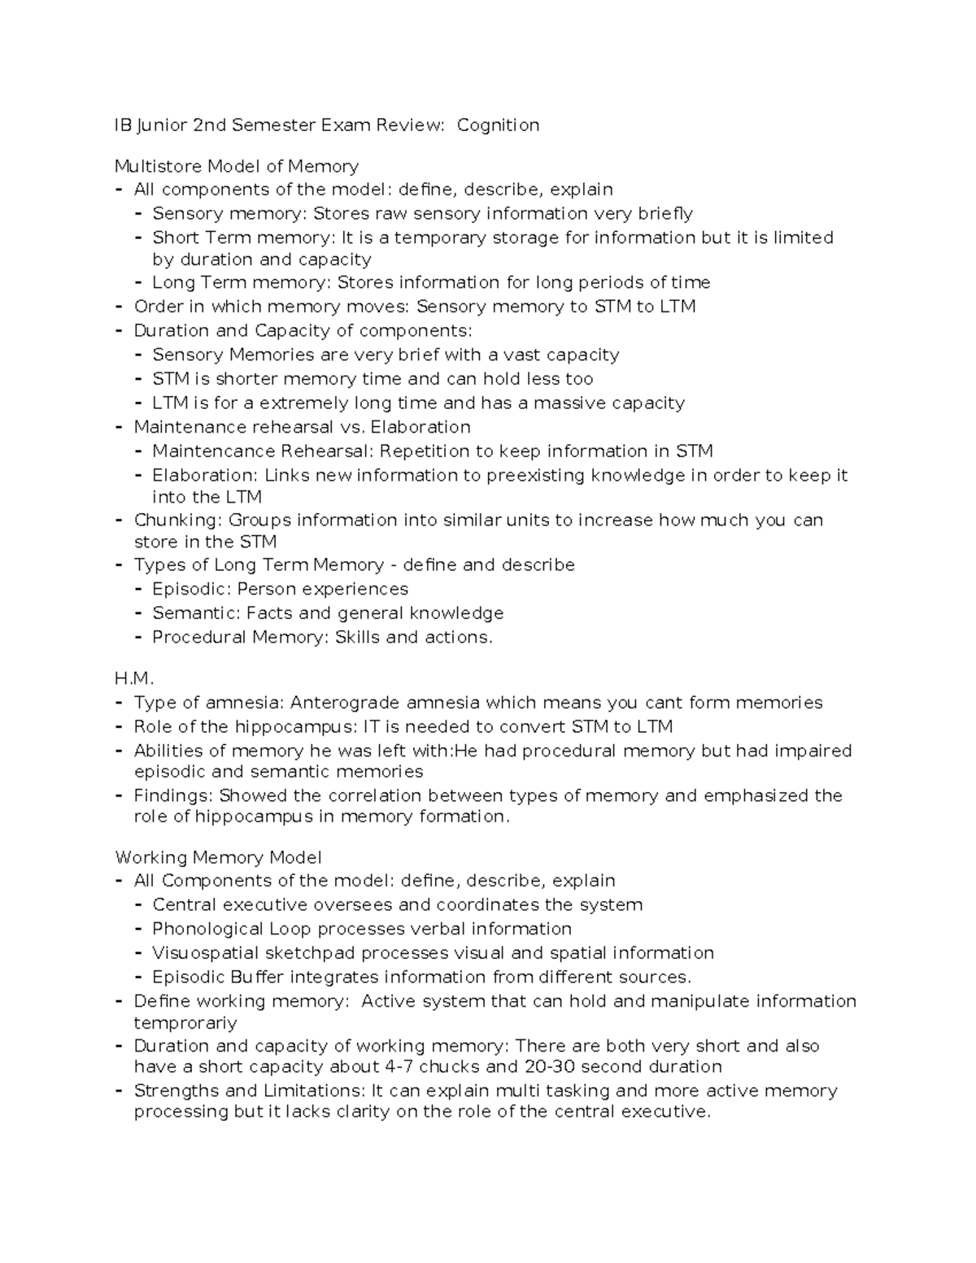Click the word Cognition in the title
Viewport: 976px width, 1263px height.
pos(498,125)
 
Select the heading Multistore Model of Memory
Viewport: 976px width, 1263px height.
pos(236,167)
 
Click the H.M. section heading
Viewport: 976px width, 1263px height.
pos(134,678)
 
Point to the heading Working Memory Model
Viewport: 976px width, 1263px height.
pos(218,857)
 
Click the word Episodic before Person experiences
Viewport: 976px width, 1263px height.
pos(190,589)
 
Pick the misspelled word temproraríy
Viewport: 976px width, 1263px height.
pos(185,1023)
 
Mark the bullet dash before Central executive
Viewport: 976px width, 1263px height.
pos(138,905)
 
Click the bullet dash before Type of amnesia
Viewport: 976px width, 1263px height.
pos(120,703)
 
